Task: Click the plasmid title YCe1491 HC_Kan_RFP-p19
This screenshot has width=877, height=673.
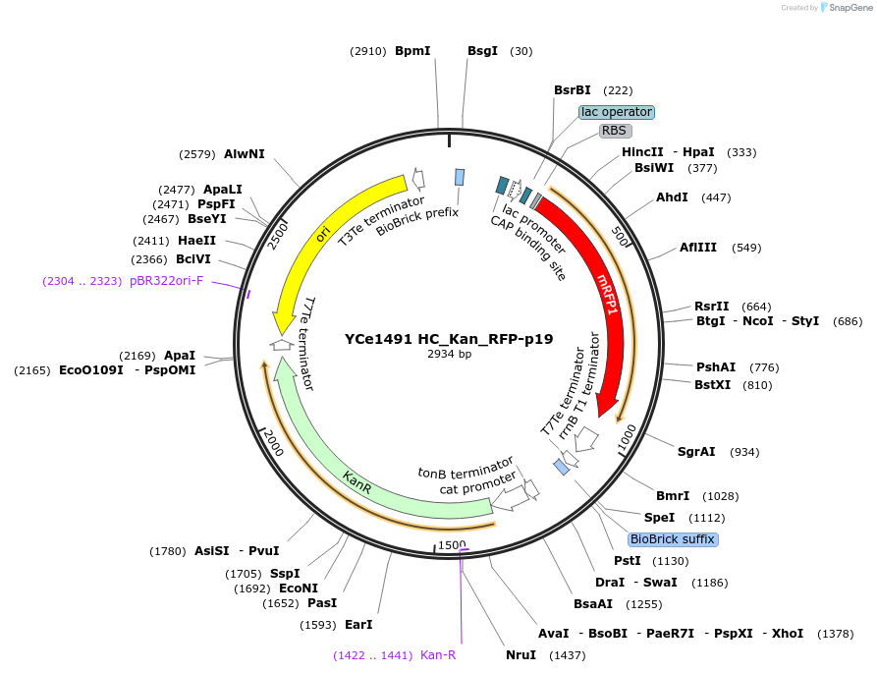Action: point(449,339)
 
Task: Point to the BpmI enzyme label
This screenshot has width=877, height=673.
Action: point(412,50)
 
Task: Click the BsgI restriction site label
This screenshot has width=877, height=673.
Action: point(482,50)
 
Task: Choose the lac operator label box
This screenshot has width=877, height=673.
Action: point(616,112)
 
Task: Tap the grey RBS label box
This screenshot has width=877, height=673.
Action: point(615,131)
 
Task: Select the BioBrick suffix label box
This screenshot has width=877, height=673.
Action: point(673,539)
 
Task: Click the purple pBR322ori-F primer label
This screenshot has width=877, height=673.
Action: point(166,281)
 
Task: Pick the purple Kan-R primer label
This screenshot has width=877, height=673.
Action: point(438,655)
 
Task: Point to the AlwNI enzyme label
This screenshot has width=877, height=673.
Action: point(245,154)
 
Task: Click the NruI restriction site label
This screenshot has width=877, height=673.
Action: point(521,655)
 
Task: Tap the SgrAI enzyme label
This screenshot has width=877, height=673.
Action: point(696,452)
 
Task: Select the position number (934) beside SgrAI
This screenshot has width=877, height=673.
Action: point(744,452)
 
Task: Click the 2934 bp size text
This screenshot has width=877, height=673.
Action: point(449,355)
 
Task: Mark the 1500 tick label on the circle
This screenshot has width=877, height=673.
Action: point(452,544)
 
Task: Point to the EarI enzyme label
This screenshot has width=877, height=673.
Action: point(358,624)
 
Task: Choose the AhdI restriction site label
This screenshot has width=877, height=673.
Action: point(672,197)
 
